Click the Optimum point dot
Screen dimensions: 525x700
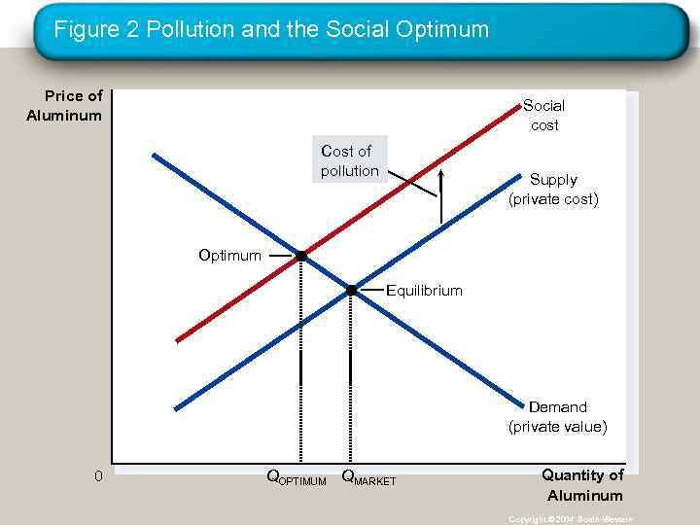click(301, 256)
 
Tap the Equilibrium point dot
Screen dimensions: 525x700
click(352, 290)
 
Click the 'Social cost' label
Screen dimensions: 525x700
click(543, 115)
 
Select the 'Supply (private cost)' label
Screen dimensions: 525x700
click(553, 190)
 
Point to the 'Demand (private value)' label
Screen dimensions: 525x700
click(557, 416)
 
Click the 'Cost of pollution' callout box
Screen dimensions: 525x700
click(350, 160)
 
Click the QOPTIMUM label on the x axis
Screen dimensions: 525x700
click(297, 477)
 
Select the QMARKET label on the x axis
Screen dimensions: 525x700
click(368, 477)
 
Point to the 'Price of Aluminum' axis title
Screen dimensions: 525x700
click(65, 106)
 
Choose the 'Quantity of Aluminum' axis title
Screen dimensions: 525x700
click(583, 485)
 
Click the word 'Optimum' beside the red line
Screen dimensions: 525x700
click(229, 256)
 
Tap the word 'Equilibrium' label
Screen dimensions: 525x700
click(425, 291)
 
